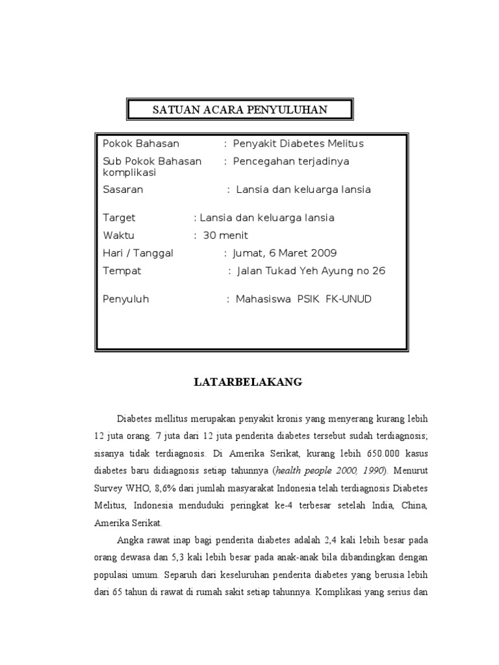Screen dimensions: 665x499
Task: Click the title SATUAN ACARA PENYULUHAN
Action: click(x=240, y=110)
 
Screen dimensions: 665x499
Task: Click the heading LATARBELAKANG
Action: click(x=249, y=382)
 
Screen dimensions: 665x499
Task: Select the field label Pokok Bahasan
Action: click(x=141, y=144)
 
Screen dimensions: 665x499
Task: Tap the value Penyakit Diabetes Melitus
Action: click(x=298, y=144)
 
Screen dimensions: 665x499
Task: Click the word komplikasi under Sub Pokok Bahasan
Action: click(x=131, y=173)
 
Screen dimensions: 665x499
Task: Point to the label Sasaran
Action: click(x=123, y=190)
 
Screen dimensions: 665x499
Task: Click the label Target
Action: click(x=120, y=218)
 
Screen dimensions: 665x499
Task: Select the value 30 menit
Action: click(x=225, y=235)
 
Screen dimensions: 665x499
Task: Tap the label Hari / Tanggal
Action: click(x=138, y=253)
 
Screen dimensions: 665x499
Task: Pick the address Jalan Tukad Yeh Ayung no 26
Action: click(x=311, y=271)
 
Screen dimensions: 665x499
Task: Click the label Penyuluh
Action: click(x=126, y=299)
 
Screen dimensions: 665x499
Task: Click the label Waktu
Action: click(x=119, y=235)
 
